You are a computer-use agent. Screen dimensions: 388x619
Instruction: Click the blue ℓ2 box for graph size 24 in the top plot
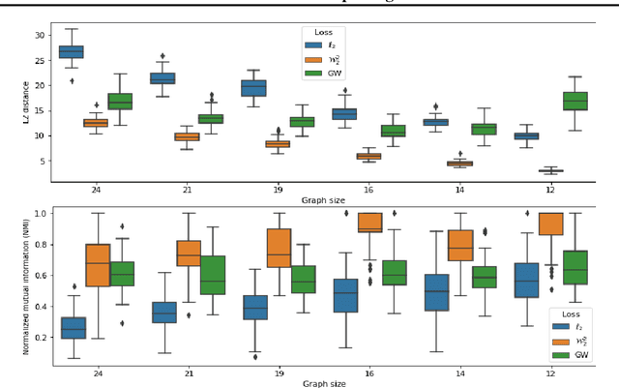[71, 51]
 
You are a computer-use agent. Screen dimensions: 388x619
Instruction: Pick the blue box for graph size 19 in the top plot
[252, 88]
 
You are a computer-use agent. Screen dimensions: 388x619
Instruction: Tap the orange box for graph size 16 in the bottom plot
[369, 223]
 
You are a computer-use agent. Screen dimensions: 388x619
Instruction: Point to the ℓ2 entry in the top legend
[331, 45]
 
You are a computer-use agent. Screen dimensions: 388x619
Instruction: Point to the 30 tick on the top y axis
[40, 35]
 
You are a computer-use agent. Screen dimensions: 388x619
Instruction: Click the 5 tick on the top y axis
[44, 161]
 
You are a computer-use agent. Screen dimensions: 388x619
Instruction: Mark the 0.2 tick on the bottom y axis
[39, 337]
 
